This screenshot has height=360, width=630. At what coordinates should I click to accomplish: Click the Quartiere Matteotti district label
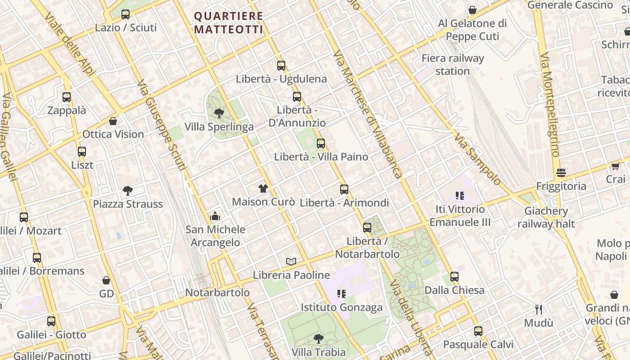(x=229, y=22)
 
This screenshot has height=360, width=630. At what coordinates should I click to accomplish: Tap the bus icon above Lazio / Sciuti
(x=126, y=14)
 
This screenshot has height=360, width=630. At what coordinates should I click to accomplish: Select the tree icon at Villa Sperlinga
(x=219, y=113)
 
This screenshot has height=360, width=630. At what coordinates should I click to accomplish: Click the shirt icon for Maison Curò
(x=263, y=189)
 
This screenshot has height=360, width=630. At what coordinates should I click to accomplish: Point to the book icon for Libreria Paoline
(x=291, y=261)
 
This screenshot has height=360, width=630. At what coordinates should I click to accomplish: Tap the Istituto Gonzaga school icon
(x=342, y=294)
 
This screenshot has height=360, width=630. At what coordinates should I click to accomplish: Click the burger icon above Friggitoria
(x=561, y=173)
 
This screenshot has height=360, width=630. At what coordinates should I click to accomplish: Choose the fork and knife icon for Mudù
(x=539, y=310)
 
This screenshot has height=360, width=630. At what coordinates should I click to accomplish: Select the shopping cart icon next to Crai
(x=615, y=166)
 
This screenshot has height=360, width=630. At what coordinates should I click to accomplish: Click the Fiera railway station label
(x=453, y=64)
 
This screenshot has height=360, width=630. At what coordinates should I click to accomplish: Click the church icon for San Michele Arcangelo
(x=215, y=216)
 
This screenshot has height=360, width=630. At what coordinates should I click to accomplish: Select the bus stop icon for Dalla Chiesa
(x=454, y=277)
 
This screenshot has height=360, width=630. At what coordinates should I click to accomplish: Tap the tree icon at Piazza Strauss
(x=128, y=191)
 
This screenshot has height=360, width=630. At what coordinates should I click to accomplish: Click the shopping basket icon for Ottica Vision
(x=113, y=121)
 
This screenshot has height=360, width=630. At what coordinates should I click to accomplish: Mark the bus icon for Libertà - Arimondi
(x=344, y=189)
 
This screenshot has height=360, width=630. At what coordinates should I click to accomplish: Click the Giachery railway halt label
(x=546, y=217)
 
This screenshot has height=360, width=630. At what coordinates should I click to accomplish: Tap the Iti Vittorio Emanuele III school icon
(x=459, y=196)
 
